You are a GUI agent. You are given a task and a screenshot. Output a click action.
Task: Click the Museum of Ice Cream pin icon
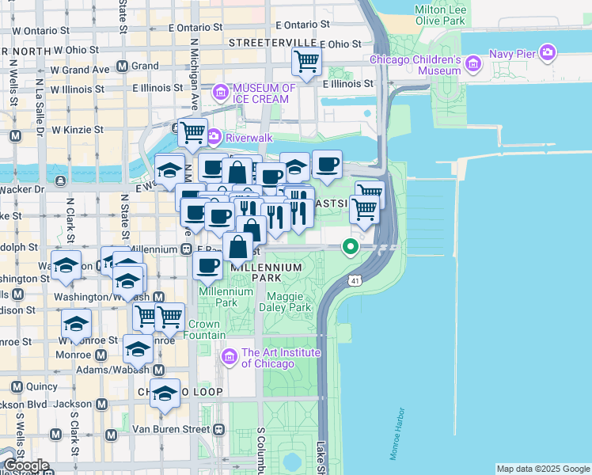point(219,93)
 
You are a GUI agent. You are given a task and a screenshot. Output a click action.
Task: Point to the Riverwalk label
point(249,137)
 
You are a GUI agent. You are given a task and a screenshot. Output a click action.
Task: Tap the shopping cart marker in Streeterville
point(306,59)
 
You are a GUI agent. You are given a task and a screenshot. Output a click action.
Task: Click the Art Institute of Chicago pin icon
point(230,358)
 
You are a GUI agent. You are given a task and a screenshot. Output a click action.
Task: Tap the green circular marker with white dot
point(351,247)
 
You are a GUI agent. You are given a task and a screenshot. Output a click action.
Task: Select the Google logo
point(26,465)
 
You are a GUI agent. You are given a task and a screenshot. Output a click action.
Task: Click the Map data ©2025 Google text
point(542,469)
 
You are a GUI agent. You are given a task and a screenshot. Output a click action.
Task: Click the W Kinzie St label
point(77,129)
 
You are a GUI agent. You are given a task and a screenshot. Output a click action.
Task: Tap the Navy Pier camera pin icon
point(547,53)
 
